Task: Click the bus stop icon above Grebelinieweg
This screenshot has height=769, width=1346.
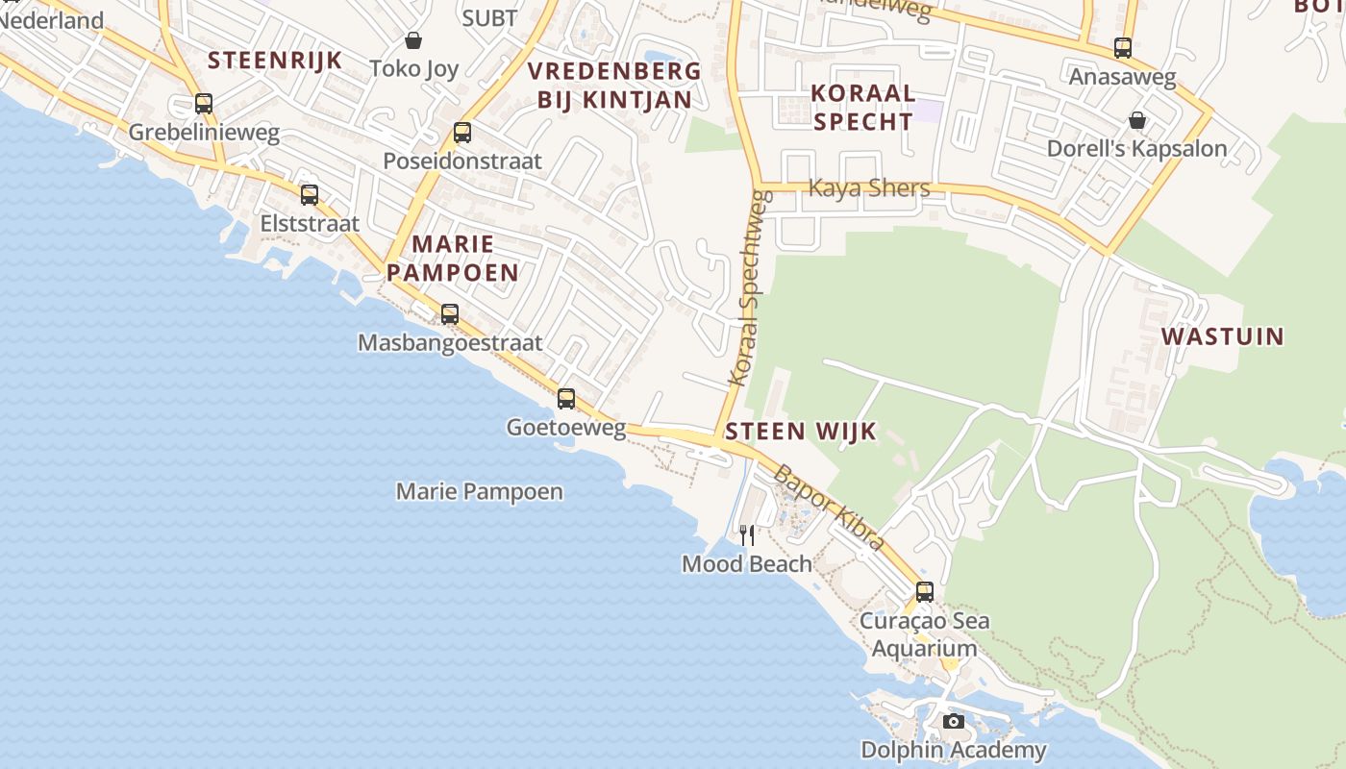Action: (203, 104)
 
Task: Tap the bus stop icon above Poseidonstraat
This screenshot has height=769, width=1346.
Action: (462, 133)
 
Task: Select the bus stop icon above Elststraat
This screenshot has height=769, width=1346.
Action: (310, 195)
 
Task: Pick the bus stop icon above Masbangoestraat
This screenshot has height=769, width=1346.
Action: (449, 313)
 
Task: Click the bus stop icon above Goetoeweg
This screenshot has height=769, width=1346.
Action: (566, 399)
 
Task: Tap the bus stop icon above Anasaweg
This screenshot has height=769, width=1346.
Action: (1122, 48)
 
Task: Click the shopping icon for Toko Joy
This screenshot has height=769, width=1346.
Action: (413, 40)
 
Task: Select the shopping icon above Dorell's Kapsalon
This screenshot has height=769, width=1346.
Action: (1137, 120)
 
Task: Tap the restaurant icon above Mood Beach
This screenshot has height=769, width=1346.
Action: (747, 534)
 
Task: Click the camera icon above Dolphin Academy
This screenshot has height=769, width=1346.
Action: (953, 721)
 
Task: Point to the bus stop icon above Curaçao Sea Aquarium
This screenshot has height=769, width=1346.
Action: (925, 592)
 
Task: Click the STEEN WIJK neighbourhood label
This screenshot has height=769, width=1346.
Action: (801, 432)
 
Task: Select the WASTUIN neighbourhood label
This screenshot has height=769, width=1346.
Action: (1222, 336)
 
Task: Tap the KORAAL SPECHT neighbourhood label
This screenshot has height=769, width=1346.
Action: (862, 107)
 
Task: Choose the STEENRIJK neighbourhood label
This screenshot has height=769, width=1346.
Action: (275, 61)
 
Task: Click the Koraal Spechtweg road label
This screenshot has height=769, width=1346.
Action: (751, 288)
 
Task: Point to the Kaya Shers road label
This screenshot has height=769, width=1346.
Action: (869, 188)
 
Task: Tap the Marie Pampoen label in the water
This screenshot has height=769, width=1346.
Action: (480, 492)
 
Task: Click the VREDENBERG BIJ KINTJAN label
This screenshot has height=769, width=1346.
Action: (614, 85)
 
